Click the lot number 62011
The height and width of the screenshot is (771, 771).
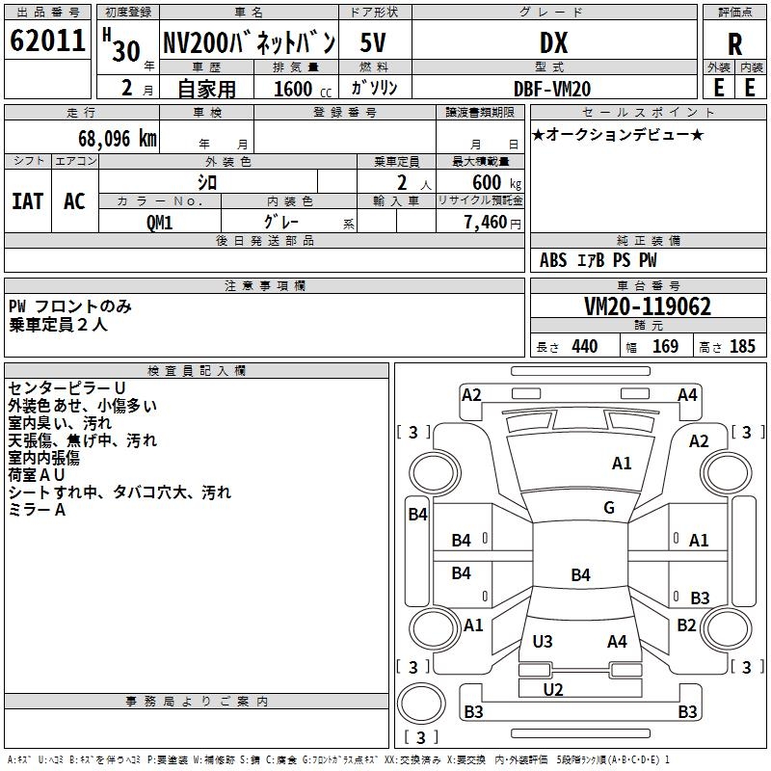[47, 40]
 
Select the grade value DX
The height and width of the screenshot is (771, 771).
[553, 42]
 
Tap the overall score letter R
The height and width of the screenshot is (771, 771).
[734, 44]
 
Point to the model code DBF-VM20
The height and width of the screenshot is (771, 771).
[552, 89]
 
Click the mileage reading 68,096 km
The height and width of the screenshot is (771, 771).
[118, 139]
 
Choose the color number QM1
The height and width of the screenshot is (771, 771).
[159, 223]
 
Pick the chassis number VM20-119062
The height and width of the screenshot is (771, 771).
[648, 306]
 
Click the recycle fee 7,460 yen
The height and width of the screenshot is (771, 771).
[492, 223]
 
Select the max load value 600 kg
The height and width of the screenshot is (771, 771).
[496, 183]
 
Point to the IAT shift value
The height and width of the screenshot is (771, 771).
[28, 201]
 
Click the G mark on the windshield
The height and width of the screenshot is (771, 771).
[609, 507]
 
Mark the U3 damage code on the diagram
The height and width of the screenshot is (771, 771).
[543, 641]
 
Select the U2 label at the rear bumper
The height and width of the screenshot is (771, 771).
[553, 689]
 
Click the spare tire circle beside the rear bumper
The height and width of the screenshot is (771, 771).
[421, 704]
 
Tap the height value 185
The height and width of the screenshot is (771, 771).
[742, 346]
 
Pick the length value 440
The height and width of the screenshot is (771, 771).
[585, 346]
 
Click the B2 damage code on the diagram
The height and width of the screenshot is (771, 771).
[686, 625]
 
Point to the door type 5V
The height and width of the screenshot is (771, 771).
[373, 42]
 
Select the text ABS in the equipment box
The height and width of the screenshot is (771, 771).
[553, 260]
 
